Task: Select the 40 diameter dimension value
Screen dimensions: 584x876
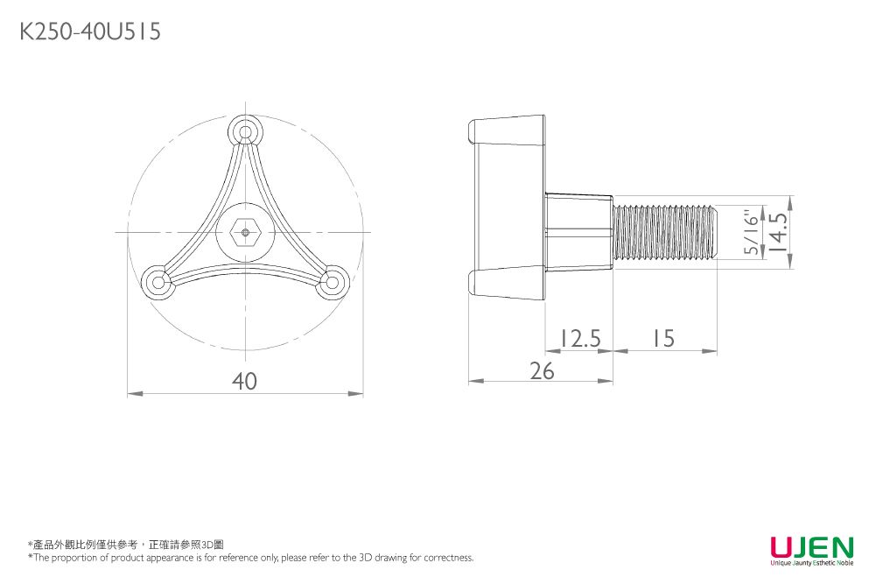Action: pos(245,382)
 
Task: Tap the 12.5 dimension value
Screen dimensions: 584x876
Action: pos(578,338)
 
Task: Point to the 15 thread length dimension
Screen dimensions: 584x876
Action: pos(663,338)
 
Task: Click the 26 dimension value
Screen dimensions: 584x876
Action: pos(542,371)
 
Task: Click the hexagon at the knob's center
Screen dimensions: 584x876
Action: pos(245,232)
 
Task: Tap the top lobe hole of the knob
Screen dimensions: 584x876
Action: pos(245,132)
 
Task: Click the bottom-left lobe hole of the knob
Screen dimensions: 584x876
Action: pos(158,282)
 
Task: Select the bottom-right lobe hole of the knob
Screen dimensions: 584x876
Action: pos(332,282)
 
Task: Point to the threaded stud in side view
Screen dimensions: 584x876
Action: pos(665,232)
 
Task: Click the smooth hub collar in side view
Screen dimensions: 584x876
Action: pos(578,232)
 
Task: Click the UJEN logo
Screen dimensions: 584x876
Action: pos(811,547)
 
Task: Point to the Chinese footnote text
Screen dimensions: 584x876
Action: pos(127,545)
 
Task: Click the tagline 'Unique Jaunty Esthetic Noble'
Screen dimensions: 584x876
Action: pos(811,563)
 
